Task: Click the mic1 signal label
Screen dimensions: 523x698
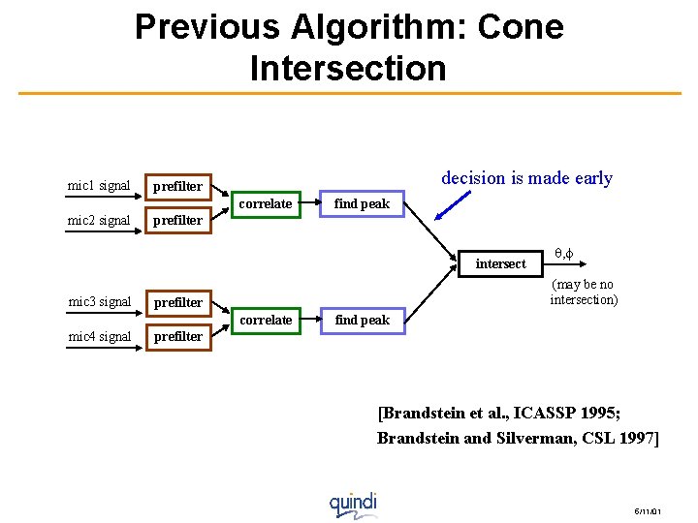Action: click(x=98, y=185)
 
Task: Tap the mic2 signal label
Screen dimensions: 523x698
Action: click(x=98, y=220)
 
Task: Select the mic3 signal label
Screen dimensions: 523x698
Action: click(x=98, y=301)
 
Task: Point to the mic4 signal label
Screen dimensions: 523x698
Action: click(x=98, y=336)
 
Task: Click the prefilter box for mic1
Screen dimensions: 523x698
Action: click(x=177, y=186)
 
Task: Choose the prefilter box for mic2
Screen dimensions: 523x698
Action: click(x=177, y=220)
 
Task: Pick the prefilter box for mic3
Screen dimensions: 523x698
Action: click(x=177, y=302)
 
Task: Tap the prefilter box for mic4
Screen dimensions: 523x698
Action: click(x=177, y=336)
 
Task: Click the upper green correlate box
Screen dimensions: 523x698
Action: click(x=265, y=203)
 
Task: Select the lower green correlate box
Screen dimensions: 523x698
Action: click(x=265, y=320)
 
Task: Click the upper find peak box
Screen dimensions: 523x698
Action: click(x=362, y=203)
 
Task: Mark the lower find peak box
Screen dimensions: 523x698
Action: click(x=362, y=320)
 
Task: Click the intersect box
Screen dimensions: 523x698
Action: click(x=500, y=262)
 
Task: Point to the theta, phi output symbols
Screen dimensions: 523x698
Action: click(x=564, y=253)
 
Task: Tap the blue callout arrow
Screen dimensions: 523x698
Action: click(x=454, y=206)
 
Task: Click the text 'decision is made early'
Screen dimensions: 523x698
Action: click(x=526, y=177)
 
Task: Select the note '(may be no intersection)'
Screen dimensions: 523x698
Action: click(x=583, y=292)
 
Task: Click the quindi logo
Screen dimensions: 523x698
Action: click(x=352, y=504)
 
